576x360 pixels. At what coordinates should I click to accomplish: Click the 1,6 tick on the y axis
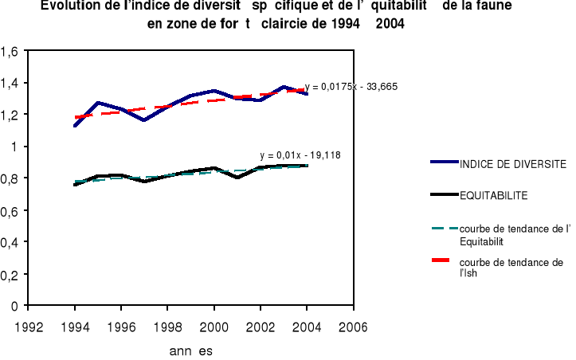pos(11,52)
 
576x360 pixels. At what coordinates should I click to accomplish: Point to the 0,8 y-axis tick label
pos(11,178)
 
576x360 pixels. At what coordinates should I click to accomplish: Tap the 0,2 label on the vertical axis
pos(11,274)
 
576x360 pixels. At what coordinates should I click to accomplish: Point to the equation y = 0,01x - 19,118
pos(300,155)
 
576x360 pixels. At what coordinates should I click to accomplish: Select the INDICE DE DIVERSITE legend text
pos(512,163)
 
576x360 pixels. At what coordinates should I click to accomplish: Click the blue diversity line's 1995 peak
pos(97,103)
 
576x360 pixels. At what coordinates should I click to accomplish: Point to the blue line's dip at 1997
pos(143,120)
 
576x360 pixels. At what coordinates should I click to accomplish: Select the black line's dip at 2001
pos(237,177)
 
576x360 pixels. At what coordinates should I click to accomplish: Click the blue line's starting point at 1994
pos(75,126)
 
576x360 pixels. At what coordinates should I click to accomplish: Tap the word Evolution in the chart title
pos(69,6)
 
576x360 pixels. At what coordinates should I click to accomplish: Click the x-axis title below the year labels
pos(191,350)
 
